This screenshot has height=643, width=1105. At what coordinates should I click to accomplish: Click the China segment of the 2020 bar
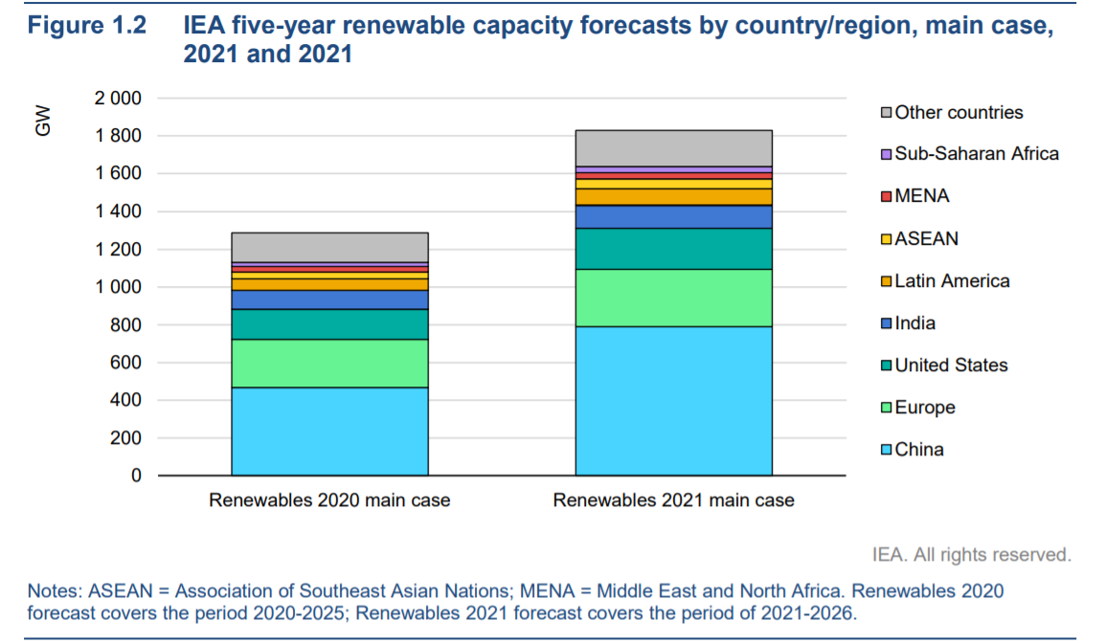pos(329,431)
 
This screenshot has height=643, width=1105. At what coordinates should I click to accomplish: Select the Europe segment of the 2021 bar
pos(673,298)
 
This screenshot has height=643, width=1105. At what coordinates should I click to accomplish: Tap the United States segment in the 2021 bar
pos(673,249)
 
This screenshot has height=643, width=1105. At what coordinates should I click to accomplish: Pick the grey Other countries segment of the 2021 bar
pos(673,148)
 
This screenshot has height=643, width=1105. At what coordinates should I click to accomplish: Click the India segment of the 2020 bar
pos(329,299)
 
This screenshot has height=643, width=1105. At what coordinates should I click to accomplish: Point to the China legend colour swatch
pos(887,450)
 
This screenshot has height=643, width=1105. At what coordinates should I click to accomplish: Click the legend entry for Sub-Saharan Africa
pos(977,153)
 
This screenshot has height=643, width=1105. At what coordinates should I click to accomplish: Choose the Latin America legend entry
pos(952,280)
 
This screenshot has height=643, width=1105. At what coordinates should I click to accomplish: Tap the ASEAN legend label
pos(926,238)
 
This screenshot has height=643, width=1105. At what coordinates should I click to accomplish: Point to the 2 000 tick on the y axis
pos(118,99)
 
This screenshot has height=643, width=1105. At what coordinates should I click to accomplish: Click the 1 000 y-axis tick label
pos(118,287)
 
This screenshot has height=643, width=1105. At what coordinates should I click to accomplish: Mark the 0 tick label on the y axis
pos(134,476)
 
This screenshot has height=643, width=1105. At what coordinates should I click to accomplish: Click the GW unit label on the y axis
pos(43,122)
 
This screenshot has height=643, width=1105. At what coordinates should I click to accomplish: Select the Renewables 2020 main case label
pos(329,500)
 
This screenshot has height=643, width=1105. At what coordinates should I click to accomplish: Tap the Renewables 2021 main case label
pos(673,500)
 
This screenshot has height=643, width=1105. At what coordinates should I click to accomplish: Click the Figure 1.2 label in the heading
pos(87,26)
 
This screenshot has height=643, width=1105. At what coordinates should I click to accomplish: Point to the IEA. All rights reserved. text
pos(972,555)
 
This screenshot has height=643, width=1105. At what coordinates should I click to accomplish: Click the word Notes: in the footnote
pos(54,591)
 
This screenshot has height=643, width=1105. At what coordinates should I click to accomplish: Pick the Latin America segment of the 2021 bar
pos(673,196)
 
